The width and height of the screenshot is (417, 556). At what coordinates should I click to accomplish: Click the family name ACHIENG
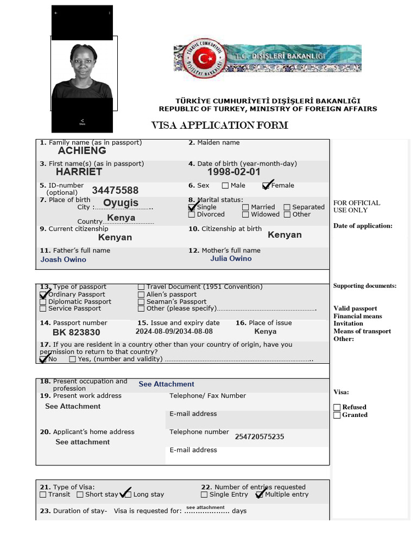pyautogui.click(x=82, y=151)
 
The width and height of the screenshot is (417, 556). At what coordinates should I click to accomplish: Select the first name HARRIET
pyautogui.click(x=79, y=172)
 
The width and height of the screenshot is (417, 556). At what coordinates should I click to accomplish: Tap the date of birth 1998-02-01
pyautogui.click(x=233, y=172)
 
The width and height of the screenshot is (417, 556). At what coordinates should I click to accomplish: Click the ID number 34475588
pyautogui.click(x=115, y=191)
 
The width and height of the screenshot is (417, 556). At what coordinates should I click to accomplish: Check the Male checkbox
pyautogui.click(x=225, y=186)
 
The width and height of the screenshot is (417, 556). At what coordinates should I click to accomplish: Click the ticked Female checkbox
pyautogui.click(x=266, y=186)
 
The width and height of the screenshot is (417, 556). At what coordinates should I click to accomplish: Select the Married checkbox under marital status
pyautogui.click(x=245, y=207)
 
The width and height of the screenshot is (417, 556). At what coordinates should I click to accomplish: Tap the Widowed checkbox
pyautogui.click(x=245, y=214)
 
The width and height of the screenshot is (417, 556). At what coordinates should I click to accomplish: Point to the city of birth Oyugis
pyautogui.click(x=121, y=203)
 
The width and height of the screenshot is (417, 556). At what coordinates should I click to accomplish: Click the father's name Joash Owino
pyautogui.click(x=63, y=260)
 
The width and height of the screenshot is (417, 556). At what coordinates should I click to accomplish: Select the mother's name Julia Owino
pyautogui.click(x=231, y=259)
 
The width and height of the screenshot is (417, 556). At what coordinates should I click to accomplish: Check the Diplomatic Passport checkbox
pyautogui.click(x=43, y=302)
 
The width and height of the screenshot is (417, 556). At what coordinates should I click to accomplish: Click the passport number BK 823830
pyautogui.click(x=76, y=332)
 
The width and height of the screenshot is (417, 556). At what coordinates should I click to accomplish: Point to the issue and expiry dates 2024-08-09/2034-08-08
pyautogui.click(x=174, y=331)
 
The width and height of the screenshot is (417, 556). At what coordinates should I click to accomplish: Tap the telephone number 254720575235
pyautogui.click(x=259, y=437)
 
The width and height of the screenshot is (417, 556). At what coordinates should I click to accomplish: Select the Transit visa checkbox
pyautogui.click(x=43, y=495)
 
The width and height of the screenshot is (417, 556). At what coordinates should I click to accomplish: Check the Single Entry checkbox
pyautogui.click(x=204, y=495)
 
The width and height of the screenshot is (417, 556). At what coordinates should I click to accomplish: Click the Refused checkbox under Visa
pyautogui.click(x=337, y=407)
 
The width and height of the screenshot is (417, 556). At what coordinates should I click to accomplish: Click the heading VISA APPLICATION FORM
pyautogui.click(x=219, y=126)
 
